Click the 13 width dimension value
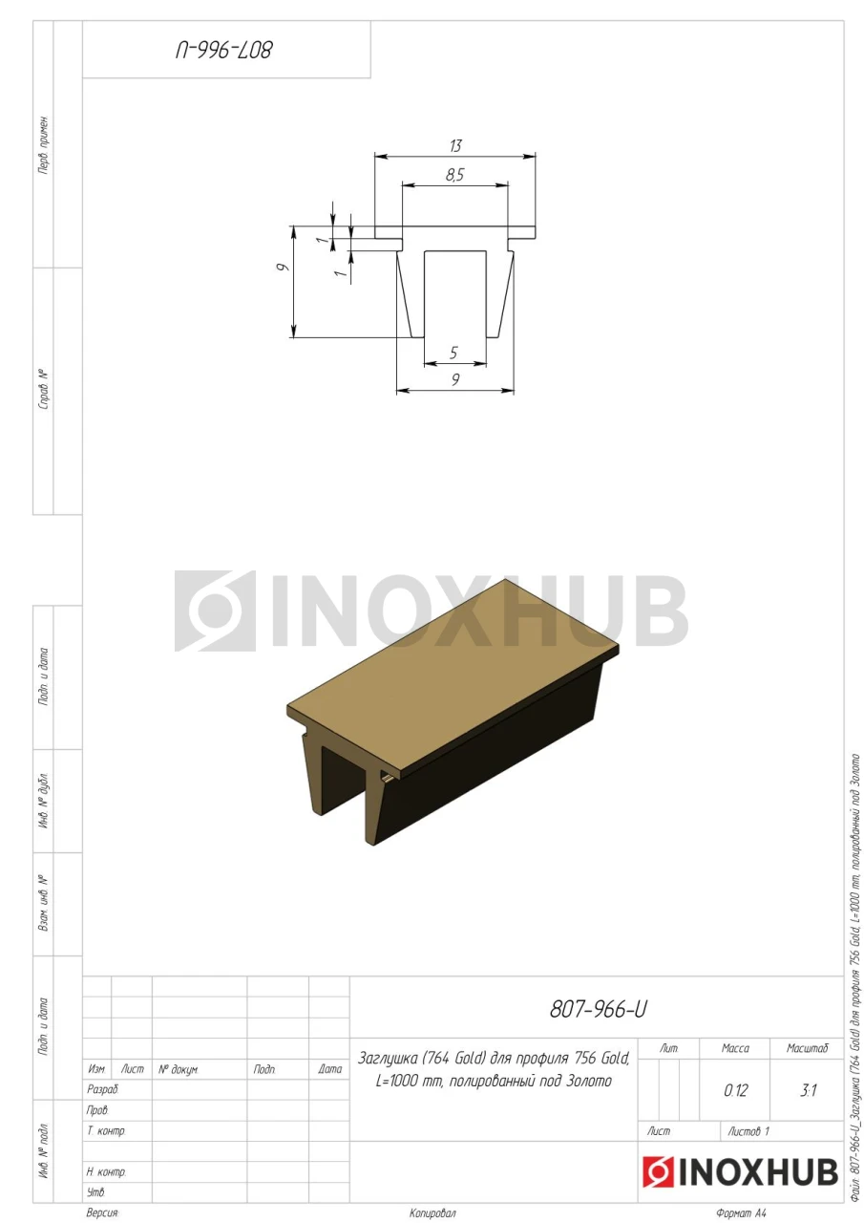pos(455,146)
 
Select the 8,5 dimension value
pos(454,175)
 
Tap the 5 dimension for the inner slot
pos(453,353)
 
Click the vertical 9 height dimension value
pos(282,268)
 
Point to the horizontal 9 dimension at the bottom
pos(455,379)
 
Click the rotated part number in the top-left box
pos(223,51)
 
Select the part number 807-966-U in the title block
pos(598,1010)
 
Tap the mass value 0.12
pos(736,1091)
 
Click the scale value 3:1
pos(808,1091)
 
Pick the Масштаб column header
pos(808,1048)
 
